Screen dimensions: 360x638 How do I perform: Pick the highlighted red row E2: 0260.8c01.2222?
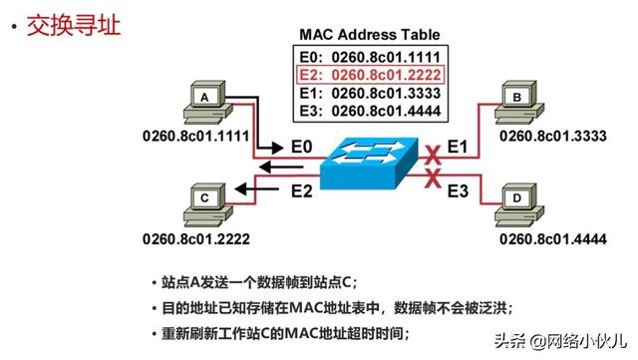point(371,74)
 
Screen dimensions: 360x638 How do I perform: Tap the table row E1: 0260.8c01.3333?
point(371,92)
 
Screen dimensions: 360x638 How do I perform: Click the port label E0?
point(302,148)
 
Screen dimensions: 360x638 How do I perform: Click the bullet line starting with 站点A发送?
point(249,282)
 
